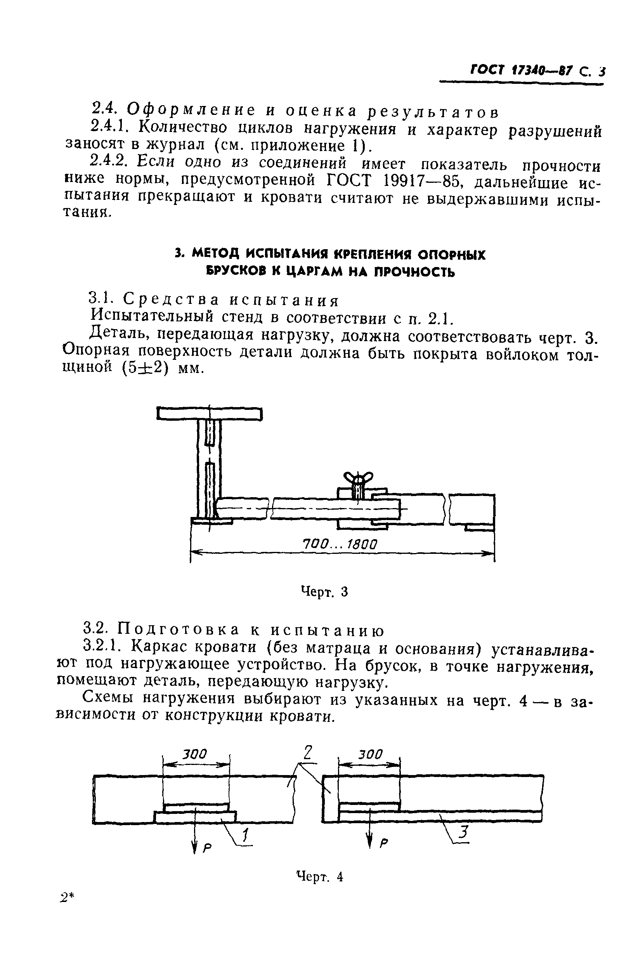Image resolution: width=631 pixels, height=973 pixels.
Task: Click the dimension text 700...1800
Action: click(x=339, y=544)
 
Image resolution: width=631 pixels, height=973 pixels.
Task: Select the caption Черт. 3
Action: click(x=324, y=591)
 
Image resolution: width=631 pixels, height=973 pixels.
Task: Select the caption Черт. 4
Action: click(x=320, y=876)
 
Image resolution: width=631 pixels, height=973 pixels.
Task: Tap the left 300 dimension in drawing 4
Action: click(x=194, y=753)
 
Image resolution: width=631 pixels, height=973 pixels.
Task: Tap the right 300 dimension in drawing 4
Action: click(x=370, y=753)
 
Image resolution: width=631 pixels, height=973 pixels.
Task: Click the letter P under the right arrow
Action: click(x=383, y=843)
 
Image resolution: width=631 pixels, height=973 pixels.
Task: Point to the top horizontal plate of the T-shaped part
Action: click(x=209, y=414)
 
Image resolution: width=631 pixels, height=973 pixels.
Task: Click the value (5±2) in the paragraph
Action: click(x=145, y=368)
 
